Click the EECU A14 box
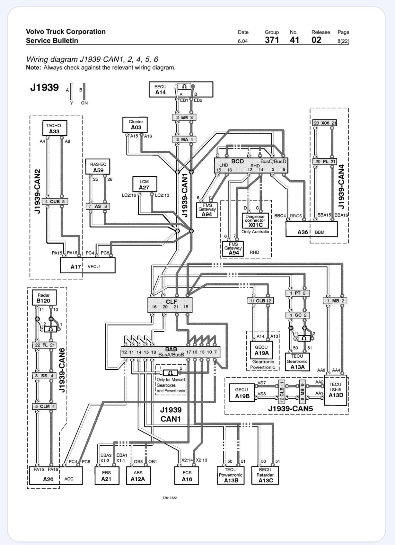click(x=181, y=90)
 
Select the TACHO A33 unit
click(x=55, y=128)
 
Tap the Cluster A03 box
click(x=135, y=125)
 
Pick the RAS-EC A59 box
click(x=98, y=167)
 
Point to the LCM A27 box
click(x=145, y=184)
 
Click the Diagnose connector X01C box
click(x=255, y=220)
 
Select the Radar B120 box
click(x=44, y=298)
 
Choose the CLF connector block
click(x=170, y=305)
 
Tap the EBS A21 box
click(x=107, y=476)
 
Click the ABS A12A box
click(x=138, y=476)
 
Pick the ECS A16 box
click(x=187, y=476)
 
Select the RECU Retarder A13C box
click(x=265, y=475)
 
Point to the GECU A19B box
click(x=242, y=393)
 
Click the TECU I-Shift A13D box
click(x=336, y=390)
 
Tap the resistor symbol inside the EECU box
click(x=184, y=86)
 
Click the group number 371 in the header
click(x=272, y=40)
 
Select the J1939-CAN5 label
click(x=291, y=409)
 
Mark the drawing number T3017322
click(x=170, y=498)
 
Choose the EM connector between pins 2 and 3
click(x=184, y=117)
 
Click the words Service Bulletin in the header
click(x=52, y=40)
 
